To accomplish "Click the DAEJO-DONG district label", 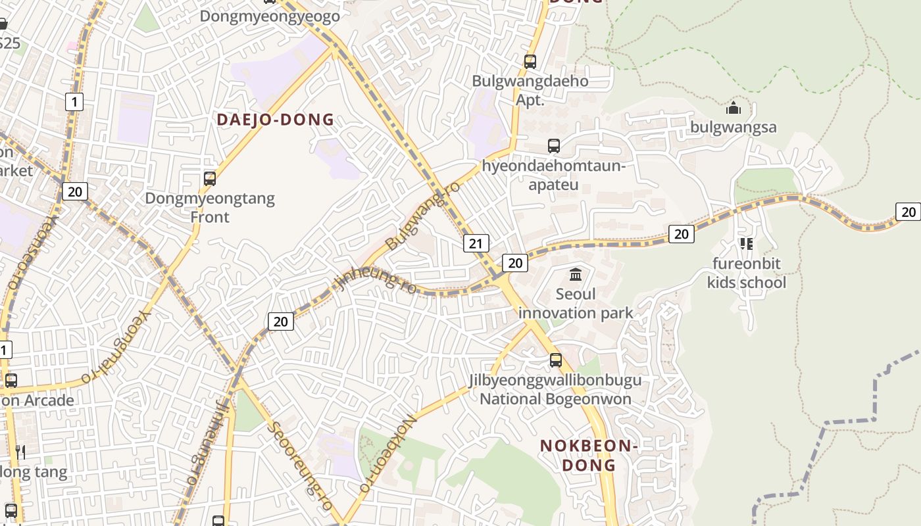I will pyautogui.click(x=276, y=120).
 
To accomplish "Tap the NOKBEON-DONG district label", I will pyautogui.click(x=589, y=455).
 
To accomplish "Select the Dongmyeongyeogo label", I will pyautogui.click(x=270, y=16).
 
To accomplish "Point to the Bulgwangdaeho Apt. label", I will pyautogui.click(x=530, y=91).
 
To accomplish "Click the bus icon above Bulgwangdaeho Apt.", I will pyautogui.click(x=530, y=62).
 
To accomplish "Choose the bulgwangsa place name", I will pyautogui.click(x=734, y=127).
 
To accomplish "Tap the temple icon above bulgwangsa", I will pyautogui.click(x=734, y=108).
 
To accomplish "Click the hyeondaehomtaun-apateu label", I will pyautogui.click(x=553, y=175).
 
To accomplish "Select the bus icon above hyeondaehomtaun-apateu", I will pyautogui.click(x=554, y=146).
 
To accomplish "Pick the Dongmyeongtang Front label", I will pyautogui.click(x=210, y=207).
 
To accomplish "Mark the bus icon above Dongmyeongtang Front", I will pyautogui.click(x=210, y=178).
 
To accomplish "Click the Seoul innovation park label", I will pyautogui.click(x=576, y=303).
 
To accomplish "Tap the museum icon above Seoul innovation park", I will pyautogui.click(x=576, y=274).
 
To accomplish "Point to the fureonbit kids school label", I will pyautogui.click(x=747, y=273).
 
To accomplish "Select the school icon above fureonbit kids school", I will pyautogui.click(x=746, y=244).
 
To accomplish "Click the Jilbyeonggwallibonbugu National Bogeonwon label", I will pyautogui.click(x=555, y=389).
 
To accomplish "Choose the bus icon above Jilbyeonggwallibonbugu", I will pyautogui.click(x=556, y=360).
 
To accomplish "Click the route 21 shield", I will pyautogui.click(x=476, y=243).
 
